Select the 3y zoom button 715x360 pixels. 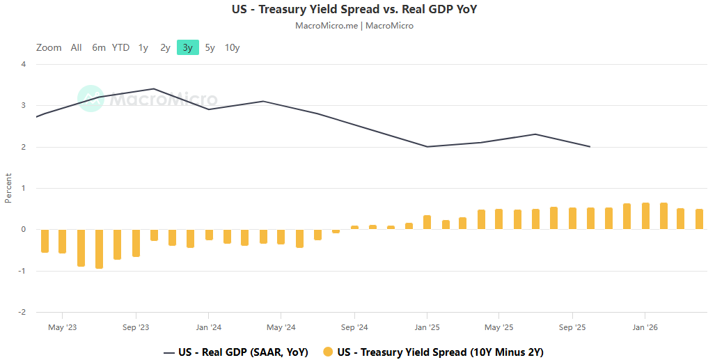pyautogui.click(x=187, y=48)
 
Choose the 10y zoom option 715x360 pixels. pyautogui.click(x=232, y=48)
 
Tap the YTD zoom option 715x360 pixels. pyautogui.click(x=121, y=48)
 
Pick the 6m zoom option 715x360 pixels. pyautogui.click(x=99, y=48)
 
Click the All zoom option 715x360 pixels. pyautogui.click(x=76, y=48)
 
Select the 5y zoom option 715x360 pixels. pyautogui.click(x=210, y=48)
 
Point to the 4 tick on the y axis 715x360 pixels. pyautogui.click(x=24, y=65)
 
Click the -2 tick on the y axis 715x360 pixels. pyautogui.click(x=22, y=312)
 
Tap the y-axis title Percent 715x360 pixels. pyautogui.click(x=8, y=188)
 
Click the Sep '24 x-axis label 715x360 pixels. pyautogui.click(x=354, y=327)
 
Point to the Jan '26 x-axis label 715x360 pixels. pyautogui.click(x=645, y=327)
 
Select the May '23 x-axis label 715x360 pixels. pyautogui.click(x=62, y=327)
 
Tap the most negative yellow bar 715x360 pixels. pyautogui.click(x=99, y=249)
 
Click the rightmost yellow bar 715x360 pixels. pyautogui.click(x=699, y=219)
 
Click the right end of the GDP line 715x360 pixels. pyautogui.click(x=590, y=147)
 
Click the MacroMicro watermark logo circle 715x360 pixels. pyautogui.click(x=91, y=99)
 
